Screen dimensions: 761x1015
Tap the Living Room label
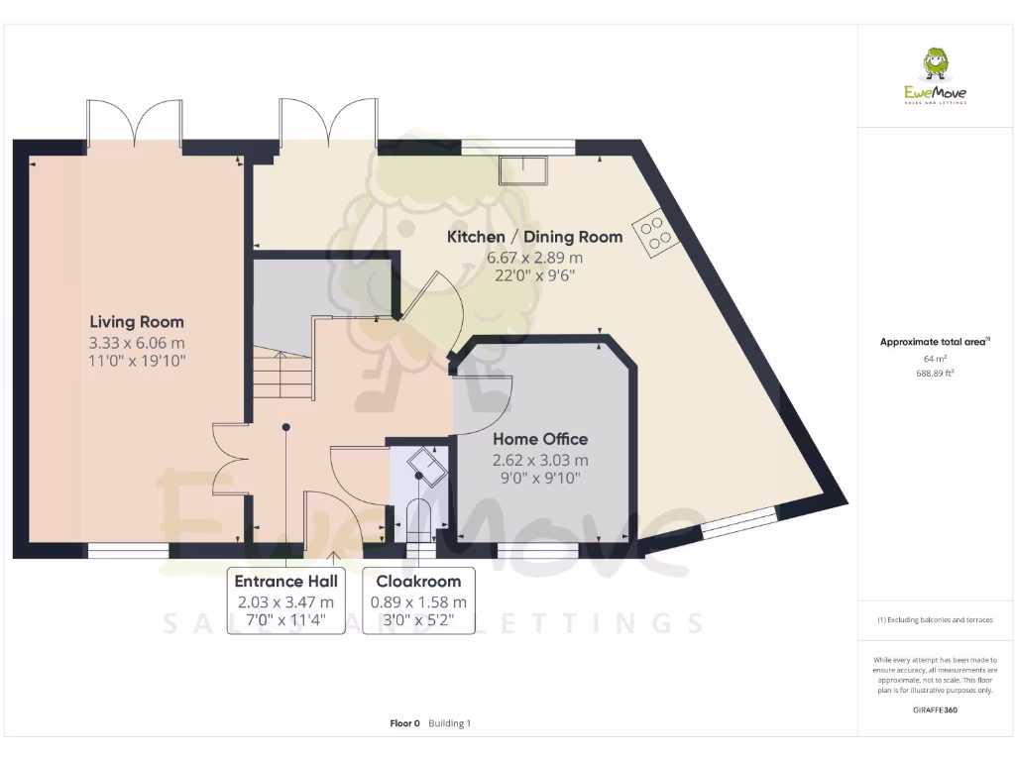tap(137, 322)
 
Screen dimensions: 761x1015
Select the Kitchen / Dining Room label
tap(534, 237)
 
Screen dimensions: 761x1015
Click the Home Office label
tap(540, 439)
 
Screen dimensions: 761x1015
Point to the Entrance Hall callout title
tap(285, 581)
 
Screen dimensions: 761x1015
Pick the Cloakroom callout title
tap(417, 581)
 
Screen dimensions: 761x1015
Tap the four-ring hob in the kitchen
tap(655, 234)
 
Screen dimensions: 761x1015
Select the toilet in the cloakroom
tap(419, 519)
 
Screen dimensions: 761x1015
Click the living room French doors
tap(134, 120)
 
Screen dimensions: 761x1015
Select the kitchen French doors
tap(327, 120)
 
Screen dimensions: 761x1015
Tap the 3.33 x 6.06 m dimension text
tap(137, 343)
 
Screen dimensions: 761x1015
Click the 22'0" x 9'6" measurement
tap(534, 276)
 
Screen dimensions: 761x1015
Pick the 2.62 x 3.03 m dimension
tap(540, 460)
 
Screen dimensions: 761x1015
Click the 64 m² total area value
tap(935, 358)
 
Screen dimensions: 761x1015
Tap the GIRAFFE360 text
tap(935, 709)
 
